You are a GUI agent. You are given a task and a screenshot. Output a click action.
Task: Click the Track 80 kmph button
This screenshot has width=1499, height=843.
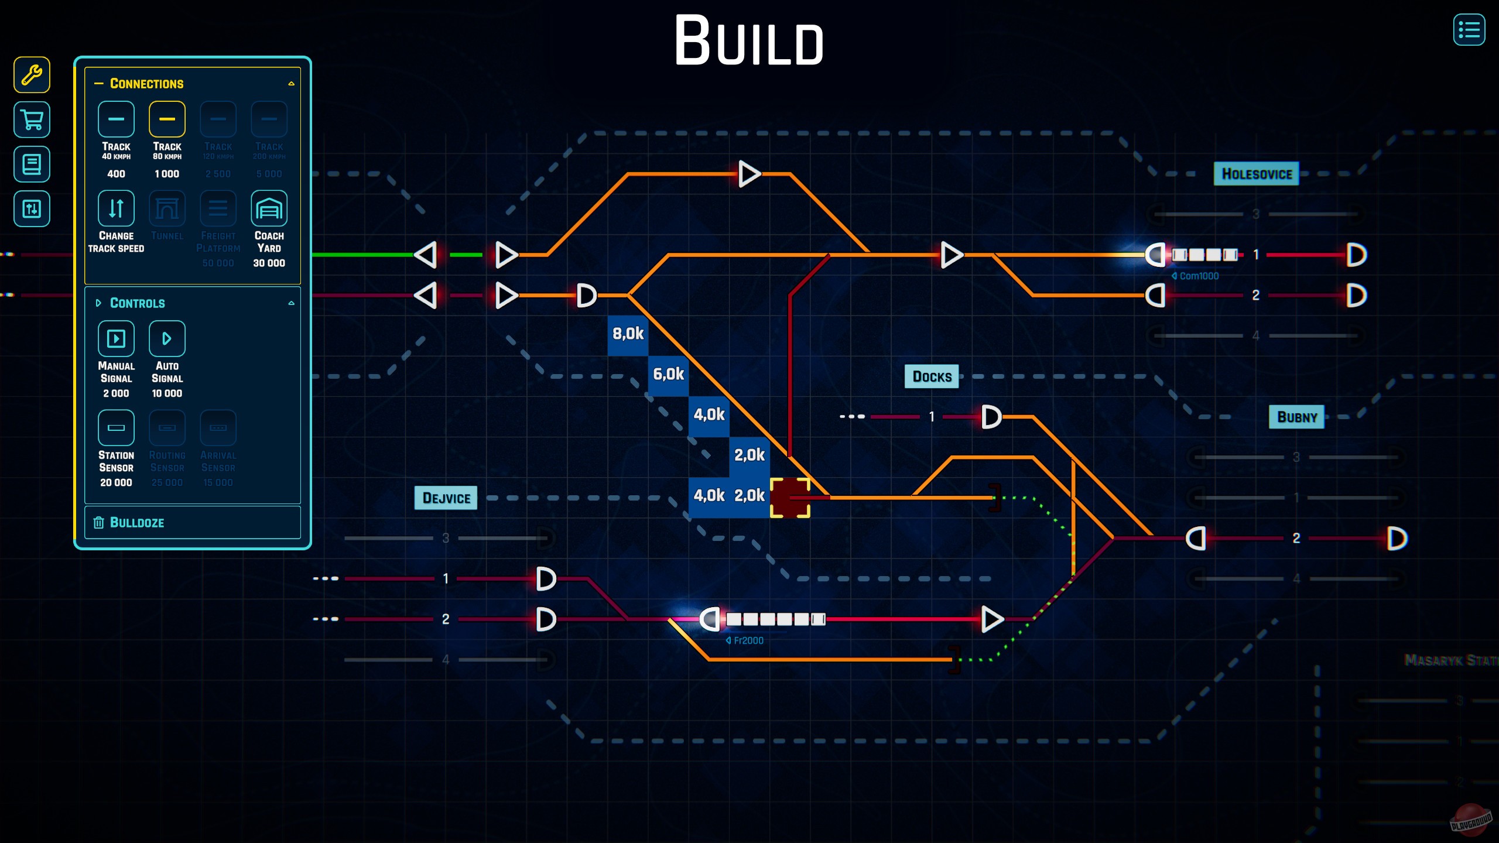point(167,119)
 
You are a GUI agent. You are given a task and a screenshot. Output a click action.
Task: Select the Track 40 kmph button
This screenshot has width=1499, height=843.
point(116,119)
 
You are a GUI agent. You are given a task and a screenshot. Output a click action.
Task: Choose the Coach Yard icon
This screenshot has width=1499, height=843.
point(269,208)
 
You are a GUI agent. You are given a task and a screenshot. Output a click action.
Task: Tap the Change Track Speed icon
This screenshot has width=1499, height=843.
point(116,208)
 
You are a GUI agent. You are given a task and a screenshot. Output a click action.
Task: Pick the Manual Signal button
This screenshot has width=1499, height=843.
point(116,338)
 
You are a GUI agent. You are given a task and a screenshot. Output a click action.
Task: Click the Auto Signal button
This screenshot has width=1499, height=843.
point(167,338)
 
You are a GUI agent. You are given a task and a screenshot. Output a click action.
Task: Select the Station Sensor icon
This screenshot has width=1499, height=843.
point(116,428)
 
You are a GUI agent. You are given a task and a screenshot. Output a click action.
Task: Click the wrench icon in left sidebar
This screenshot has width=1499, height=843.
point(32,75)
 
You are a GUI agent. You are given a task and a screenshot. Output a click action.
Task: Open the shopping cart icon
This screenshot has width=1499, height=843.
point(32,119)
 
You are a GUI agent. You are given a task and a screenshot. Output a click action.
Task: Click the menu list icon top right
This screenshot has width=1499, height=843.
point(1469,30)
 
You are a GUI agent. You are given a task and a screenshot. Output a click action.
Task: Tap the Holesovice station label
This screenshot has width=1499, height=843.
point(1256,174)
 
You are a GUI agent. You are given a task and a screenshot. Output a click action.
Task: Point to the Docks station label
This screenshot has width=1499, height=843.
point(932,376)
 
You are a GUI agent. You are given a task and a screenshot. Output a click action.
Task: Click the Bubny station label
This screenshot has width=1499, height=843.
point(1296,417)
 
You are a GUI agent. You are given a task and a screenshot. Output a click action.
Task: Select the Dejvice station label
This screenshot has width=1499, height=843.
point(446,498)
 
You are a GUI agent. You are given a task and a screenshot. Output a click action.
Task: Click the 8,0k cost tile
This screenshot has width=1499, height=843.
point(628,334)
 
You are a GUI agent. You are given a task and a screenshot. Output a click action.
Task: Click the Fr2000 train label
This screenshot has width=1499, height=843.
point(748,640)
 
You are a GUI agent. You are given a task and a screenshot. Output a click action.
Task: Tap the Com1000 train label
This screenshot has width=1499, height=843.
point(1198,276)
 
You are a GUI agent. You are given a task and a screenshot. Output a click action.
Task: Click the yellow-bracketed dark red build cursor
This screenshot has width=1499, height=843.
point(789,498)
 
